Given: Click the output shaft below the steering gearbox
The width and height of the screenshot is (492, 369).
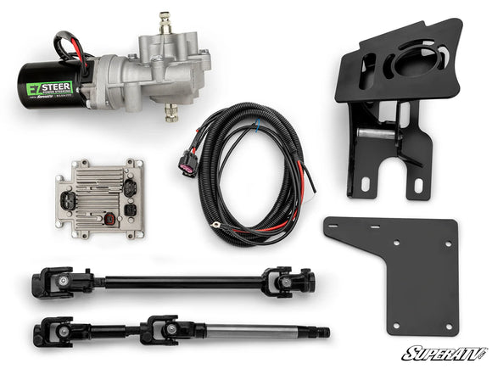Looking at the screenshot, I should click(x=172, y=110).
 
